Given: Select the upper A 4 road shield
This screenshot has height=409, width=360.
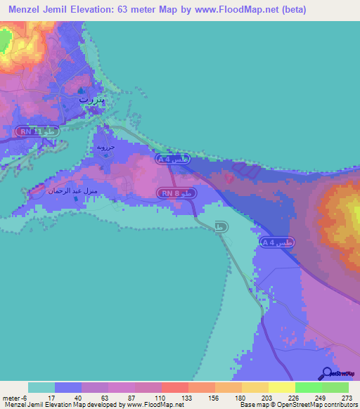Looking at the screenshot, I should point(172,160).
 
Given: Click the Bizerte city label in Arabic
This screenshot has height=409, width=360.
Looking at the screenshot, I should point(91,100).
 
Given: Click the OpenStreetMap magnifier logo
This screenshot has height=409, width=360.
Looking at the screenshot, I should point(327,373).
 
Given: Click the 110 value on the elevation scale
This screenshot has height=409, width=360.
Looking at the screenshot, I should point(161,398).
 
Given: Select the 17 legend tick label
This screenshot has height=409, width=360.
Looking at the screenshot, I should point(54,398).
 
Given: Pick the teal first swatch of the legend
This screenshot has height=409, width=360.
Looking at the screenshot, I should point(41,387).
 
